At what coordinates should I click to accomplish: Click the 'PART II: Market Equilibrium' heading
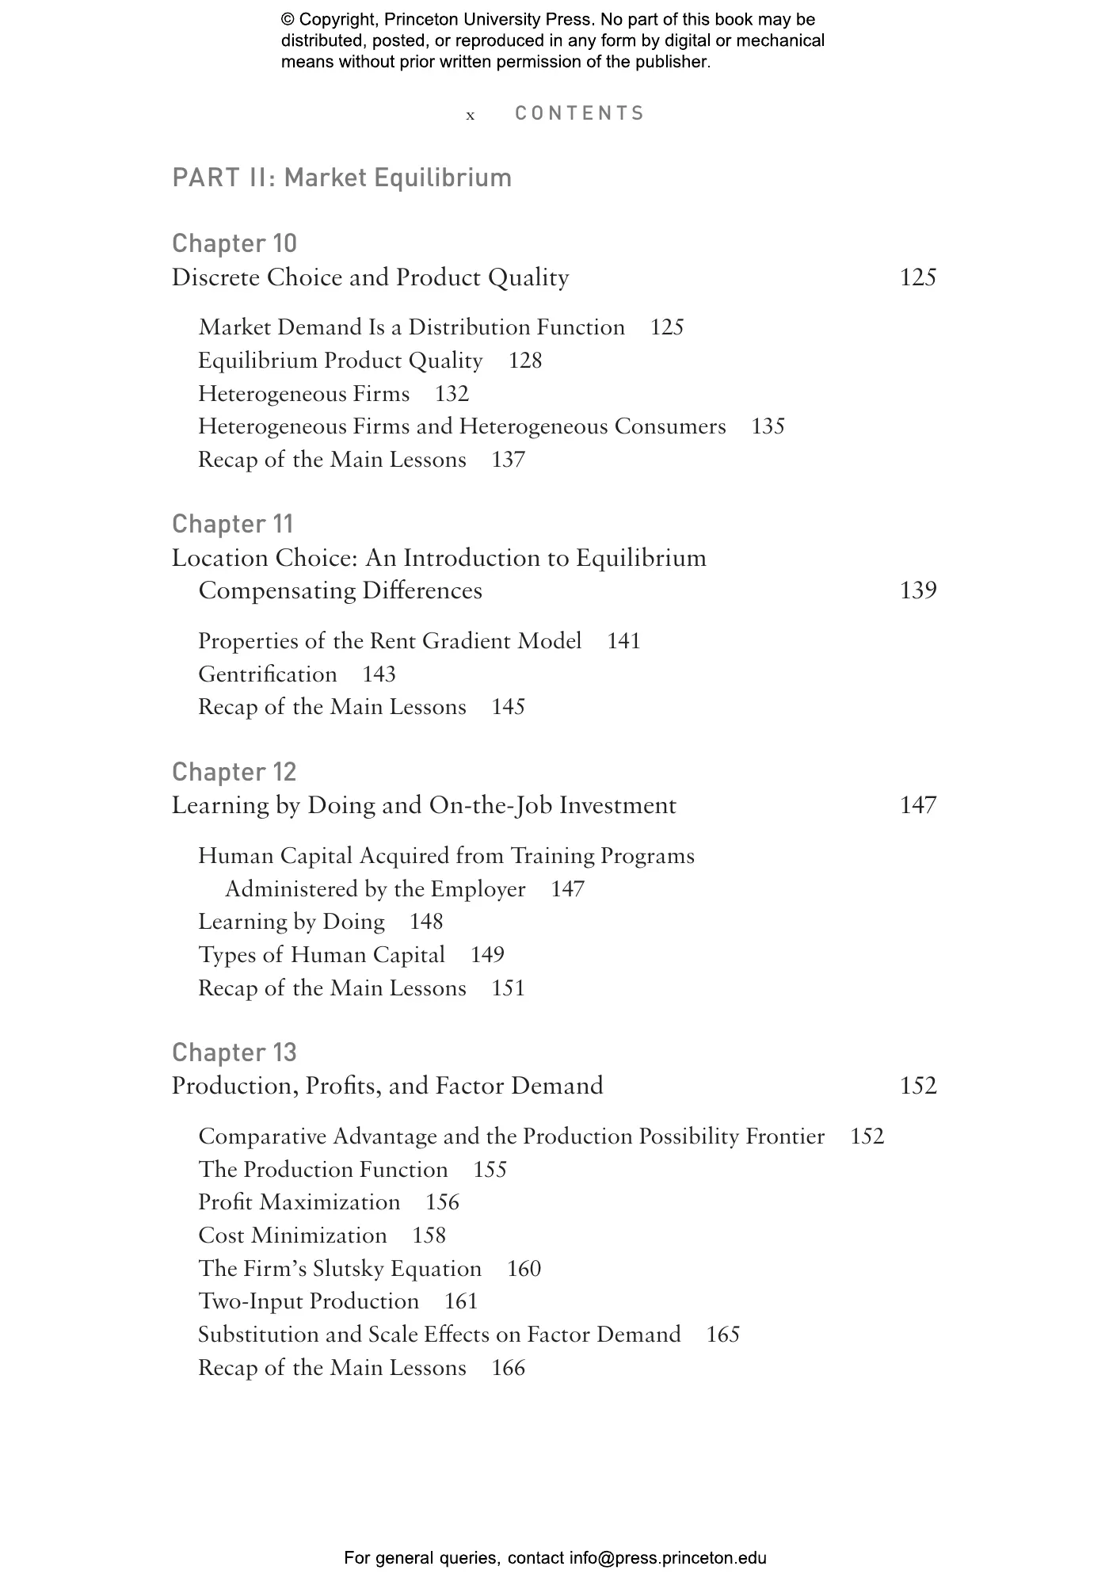pyautogui.click(x=341, y=178)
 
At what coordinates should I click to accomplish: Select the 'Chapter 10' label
pyautogui.click(x=234, y=243)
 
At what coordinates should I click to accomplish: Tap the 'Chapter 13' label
pyautogui.click(x=234, y=1052)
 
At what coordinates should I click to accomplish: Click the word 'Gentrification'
pyautogui.click(x=268, y=674)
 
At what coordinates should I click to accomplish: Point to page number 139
pyautogui.click(x=918, y=590)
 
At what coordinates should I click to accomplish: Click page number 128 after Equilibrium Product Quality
pyautogui.click(x=525, y=361)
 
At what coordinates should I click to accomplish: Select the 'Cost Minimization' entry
pyautogui.click(x=292, y=1236)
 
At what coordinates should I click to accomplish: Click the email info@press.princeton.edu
pyautogui.click(x=668, y=1558)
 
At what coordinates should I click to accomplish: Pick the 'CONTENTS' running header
pyautogui.click(x=580, y=114)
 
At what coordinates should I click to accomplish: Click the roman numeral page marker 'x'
pyautogui.click(x=471, y=116)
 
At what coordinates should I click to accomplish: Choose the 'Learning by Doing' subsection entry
pyautogui.click(x=292, y=922)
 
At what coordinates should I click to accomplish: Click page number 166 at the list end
pyautogui.click(x=509, y=1368)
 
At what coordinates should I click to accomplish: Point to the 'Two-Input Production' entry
pyautogui.click(x=308, y=1301)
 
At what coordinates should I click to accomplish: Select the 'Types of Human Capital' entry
pyautogui.click(x=322, y=955)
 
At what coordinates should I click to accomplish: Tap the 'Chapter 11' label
pyautogui.click(x=233, y=524)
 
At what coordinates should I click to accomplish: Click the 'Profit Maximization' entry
pyautogui.click(x=299, y=1202)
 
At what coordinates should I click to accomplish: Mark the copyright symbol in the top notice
pyautogui.click(x=287, y=21)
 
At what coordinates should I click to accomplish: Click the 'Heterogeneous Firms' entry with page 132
pyautogui.click(x=304, y=394)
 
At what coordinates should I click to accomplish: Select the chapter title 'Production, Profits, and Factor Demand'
pyautogui.click(x=387, y=1086)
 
